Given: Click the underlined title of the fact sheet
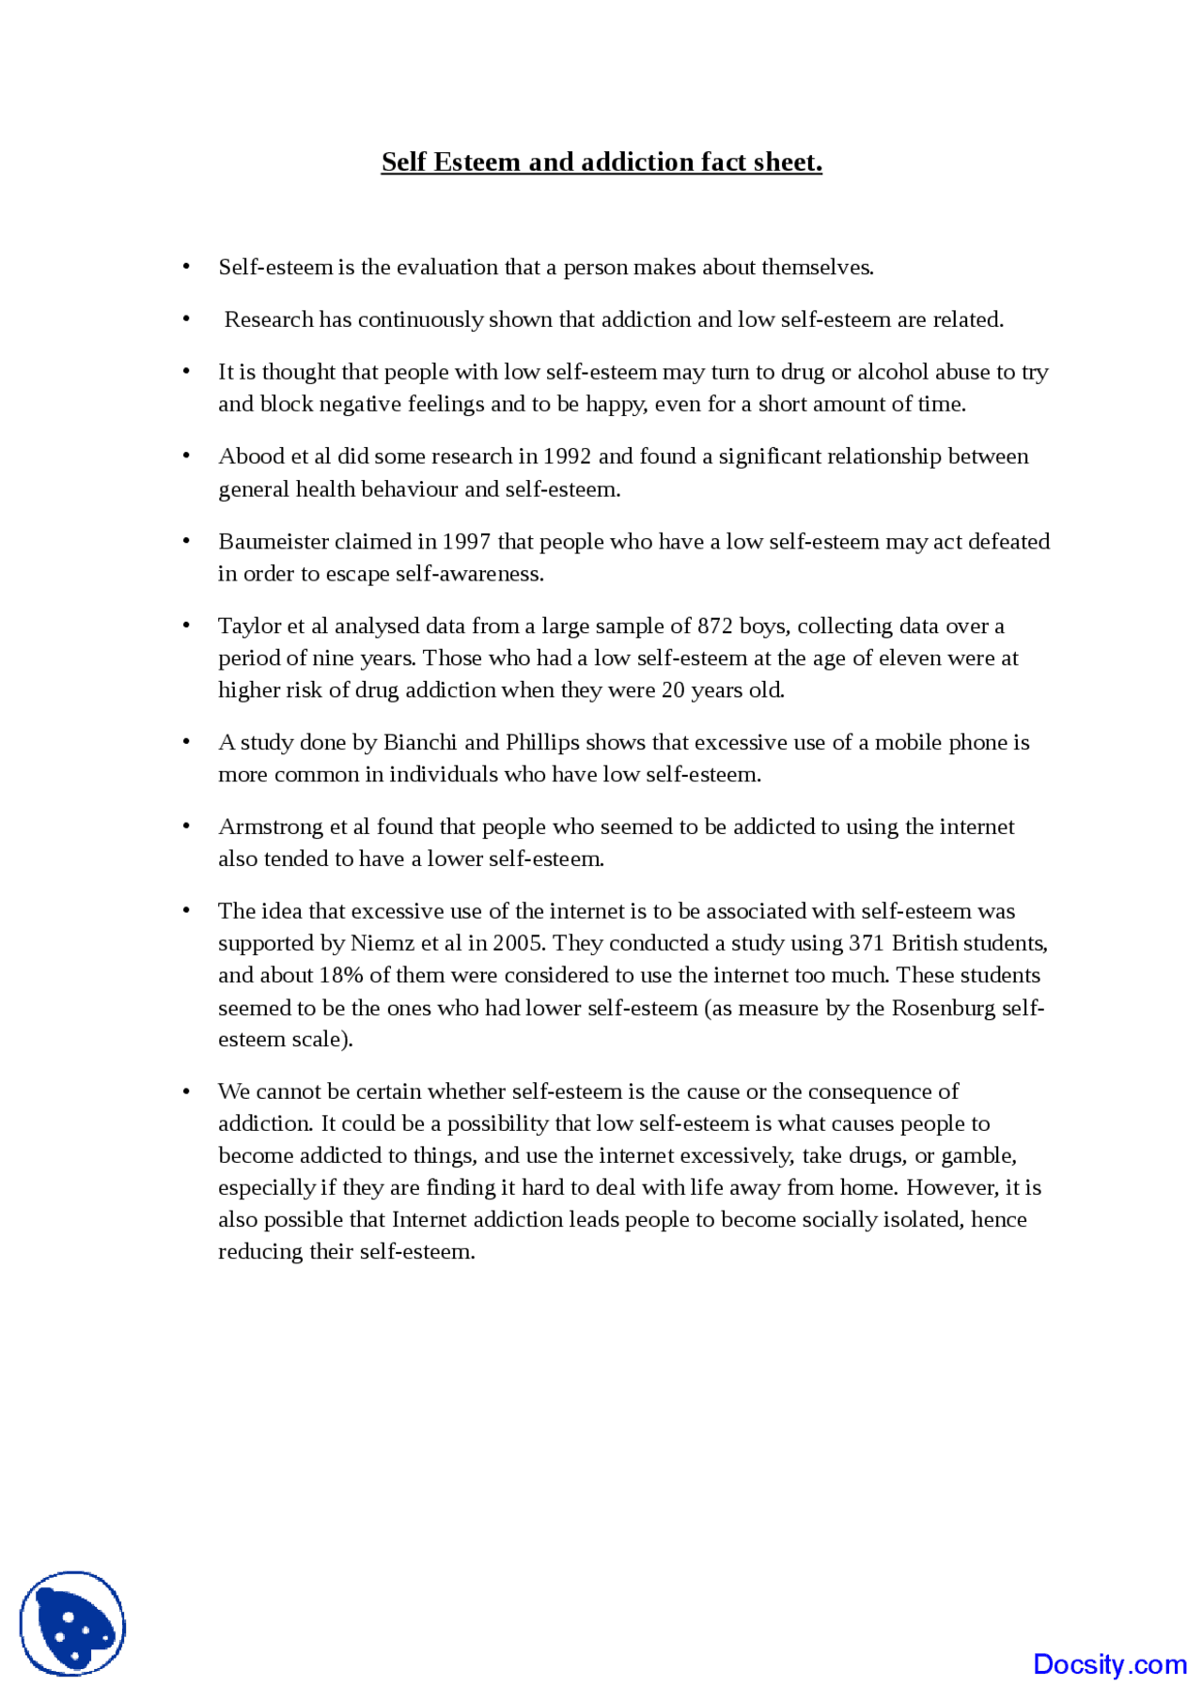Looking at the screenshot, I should [601, 162].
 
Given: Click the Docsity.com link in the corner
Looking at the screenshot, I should [1109, 1663].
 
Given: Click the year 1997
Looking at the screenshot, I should [466, 542].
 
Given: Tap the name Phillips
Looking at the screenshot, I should [541, 743].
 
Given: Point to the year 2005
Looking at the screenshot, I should [517, 943].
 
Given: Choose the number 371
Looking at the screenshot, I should [867, 943].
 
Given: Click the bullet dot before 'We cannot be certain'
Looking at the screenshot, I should [186, 1091].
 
